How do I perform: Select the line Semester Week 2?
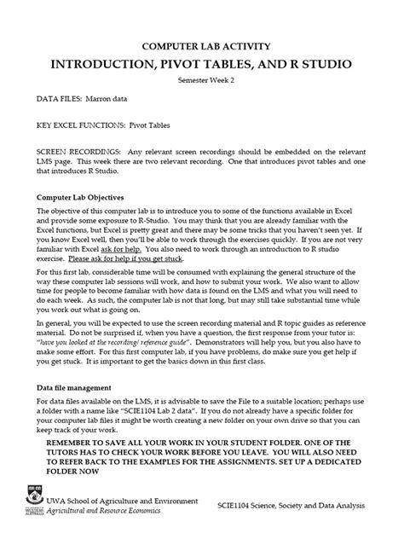coord(202,80)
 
